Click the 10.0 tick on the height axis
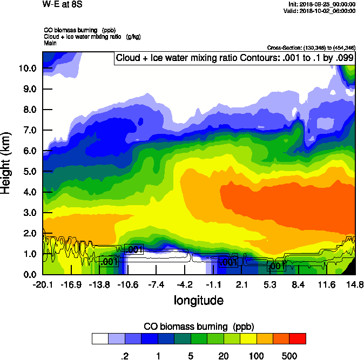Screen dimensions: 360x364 point(28,69)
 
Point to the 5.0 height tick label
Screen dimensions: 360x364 point(28,172)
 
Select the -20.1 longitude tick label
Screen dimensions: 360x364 point(43,284)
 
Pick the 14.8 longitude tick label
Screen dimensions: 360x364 point(355,284)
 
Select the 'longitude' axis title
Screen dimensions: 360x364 point(198,300)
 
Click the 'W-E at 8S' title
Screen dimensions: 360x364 point(60,4)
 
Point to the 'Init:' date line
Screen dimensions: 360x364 point(322,4)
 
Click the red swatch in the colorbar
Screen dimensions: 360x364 point(298,338)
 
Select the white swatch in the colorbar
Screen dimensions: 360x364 point(100,338)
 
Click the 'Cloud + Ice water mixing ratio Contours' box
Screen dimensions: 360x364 point(235,58)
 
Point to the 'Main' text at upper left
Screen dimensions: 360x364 point(50,43)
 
